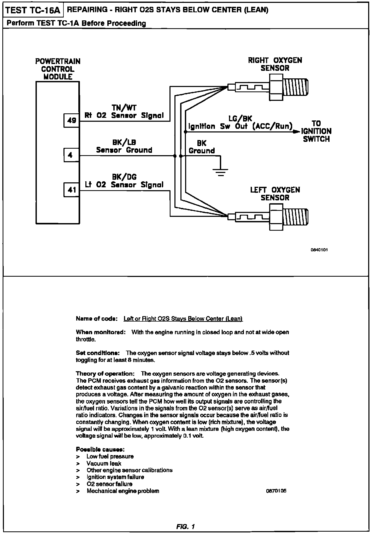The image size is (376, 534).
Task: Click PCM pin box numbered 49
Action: pyautogui.click(x=71, y=120)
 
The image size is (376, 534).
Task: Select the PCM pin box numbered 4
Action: pyautogui.click(x=71, y=155)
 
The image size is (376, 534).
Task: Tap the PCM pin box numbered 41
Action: pyautogui.click(x=71, y=190)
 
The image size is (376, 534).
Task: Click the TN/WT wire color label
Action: pyautogui.click(x=124, y=108)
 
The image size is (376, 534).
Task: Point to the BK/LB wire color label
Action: pyautogui.click(x=124, y=142)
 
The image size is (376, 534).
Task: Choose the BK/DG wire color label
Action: pyautogui.click(x=124, y=177)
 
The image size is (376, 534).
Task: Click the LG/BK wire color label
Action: pyautogui.click(x=240, y=119)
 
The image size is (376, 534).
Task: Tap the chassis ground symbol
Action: pyautogui.click(x=220, y=171)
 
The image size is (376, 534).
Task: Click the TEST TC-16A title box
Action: pyautogui.click(x=33, y=11)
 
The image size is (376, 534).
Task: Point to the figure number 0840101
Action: pyautogui.click(x=319, y=250)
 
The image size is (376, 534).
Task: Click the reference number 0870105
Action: pyautogui.click(x=276, y=491)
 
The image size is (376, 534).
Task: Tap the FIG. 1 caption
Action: pyautogui.click(x=185, y=526)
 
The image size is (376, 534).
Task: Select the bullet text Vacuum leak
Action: pyautogui.click(x=104, y=463)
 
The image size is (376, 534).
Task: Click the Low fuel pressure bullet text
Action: pyautogui.click(x=110, y=456)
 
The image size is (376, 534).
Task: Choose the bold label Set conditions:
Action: pyautogui.click(x=98, y=353)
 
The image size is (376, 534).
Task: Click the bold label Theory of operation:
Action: pyautogui.click(x=105, y=374)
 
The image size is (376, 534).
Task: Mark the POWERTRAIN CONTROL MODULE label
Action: pyautogui.click(x=58, y=69)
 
